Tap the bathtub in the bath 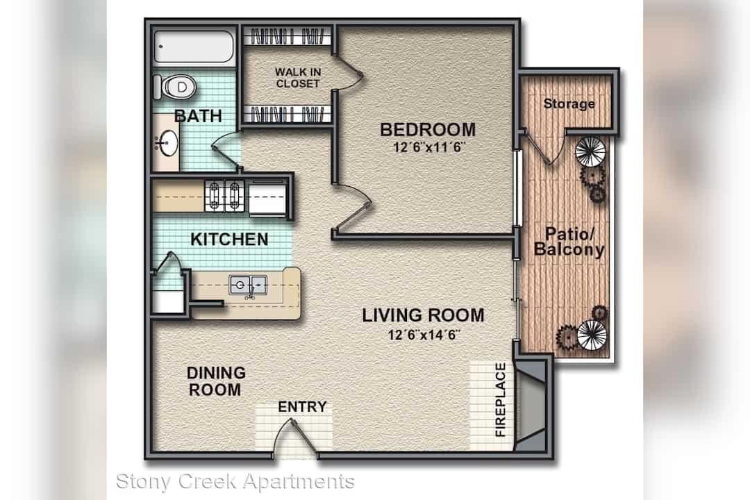tap(194, 47)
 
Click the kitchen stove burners tap(224, 196)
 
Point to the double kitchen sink tap(248, 285)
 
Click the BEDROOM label tap(428, 129)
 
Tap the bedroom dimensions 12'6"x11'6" tap(429, 147)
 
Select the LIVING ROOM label tap(423, 315)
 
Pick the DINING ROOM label tap(216, 381)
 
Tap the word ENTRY tap(302, 407)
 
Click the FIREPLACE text tap(500, 399)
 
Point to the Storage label tap(569, 103)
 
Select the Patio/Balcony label tap(569, 242)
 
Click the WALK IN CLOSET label tap(297, 78)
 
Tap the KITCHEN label tap(229, 239)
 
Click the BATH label tap(198, 116)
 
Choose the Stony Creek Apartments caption tap(235, 481)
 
